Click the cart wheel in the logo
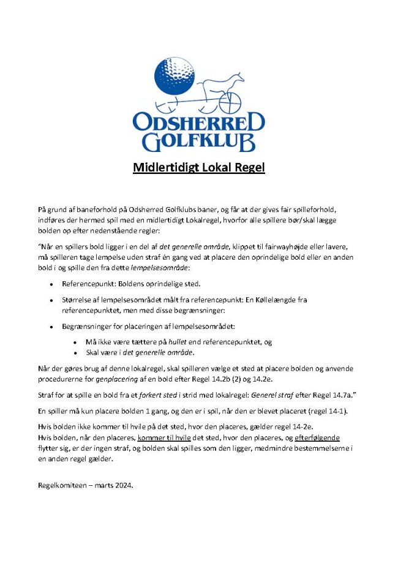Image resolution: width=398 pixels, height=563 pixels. click(229, 101)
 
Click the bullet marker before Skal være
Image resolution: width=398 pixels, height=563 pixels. click(75, 353)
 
